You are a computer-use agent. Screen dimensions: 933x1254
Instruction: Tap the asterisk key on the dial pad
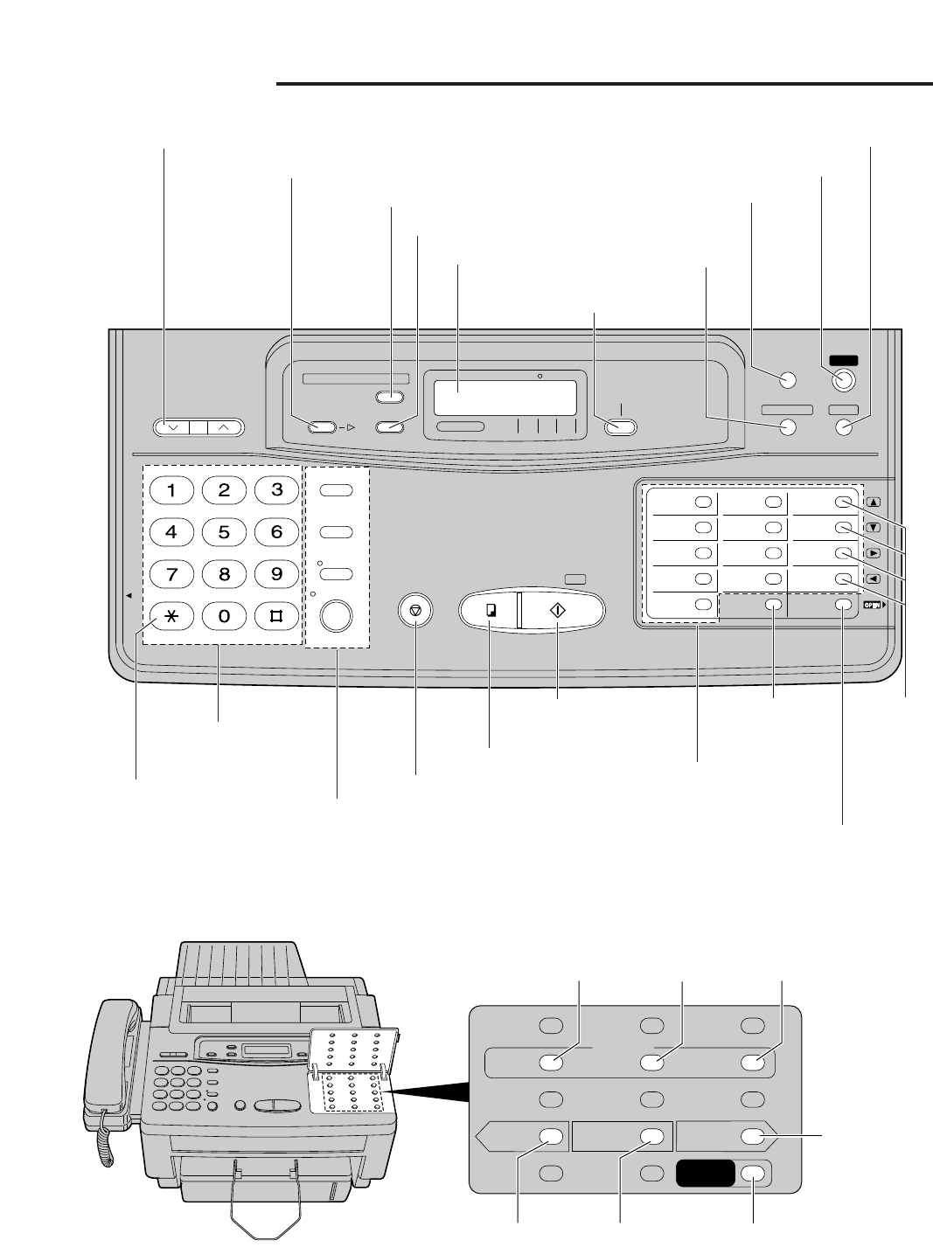point(171,615)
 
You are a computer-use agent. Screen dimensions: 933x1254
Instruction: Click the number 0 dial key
point(224,615)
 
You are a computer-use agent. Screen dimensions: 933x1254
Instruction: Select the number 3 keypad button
point(277,490)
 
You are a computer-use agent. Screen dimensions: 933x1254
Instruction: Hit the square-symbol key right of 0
point(277,615)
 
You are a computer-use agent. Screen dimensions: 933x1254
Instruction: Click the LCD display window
point(505,398)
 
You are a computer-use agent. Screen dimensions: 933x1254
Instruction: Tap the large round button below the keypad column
point(336,616)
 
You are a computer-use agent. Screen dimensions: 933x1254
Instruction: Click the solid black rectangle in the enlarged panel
point(706,1174)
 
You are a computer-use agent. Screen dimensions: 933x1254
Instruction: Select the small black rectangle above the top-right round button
point(844,359)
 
